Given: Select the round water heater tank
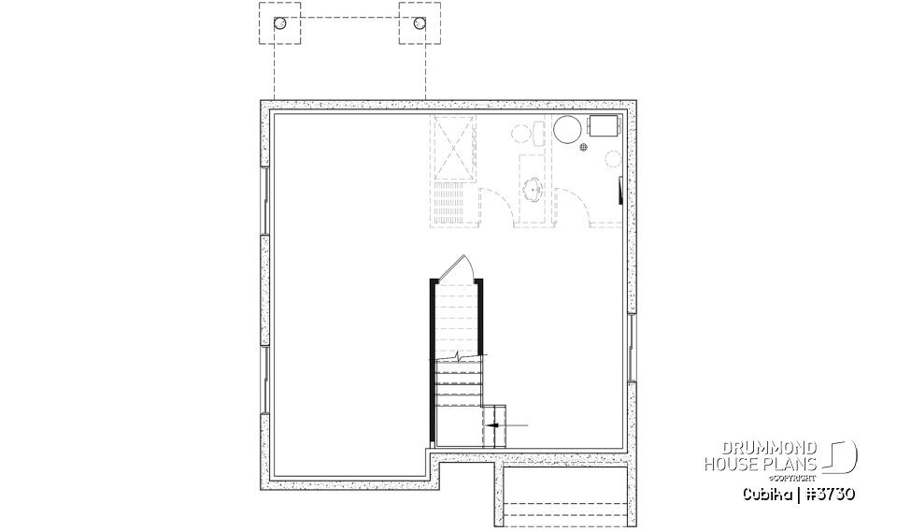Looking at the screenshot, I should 567,131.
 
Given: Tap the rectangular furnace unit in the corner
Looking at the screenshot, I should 603,128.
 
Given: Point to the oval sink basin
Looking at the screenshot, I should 534,187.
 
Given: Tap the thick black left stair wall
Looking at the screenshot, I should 432,360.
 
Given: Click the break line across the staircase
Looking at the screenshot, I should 457,357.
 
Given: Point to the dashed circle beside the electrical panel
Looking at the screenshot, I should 614,159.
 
